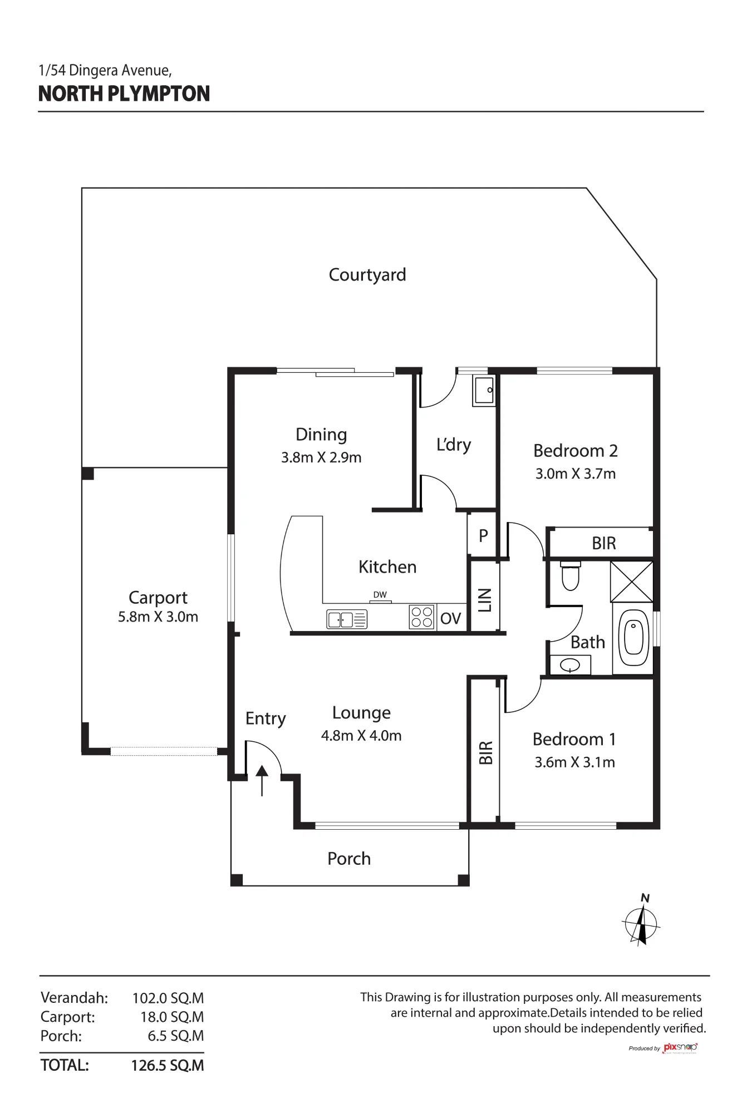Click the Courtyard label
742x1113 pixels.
pos(367,275)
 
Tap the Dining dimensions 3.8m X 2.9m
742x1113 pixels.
pos(321,457)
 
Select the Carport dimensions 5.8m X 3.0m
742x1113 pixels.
pos(158,617)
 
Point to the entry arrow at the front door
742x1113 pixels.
pos(262,780)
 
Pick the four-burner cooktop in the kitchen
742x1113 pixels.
pos(421,617)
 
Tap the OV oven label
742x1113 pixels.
pos(451,618)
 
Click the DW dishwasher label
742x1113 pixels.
pos(380,595)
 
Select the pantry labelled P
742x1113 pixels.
pos(483,535)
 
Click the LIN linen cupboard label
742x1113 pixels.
pos(485,600)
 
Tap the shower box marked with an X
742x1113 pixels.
pos(632,582)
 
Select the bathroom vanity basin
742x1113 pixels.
pos(570,665)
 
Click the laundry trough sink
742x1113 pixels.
pos(484,390)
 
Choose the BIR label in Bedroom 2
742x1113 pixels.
pos(604,543)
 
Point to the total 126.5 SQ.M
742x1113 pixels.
pos(168,1066)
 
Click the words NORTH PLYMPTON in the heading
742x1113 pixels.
pos(124,93)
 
